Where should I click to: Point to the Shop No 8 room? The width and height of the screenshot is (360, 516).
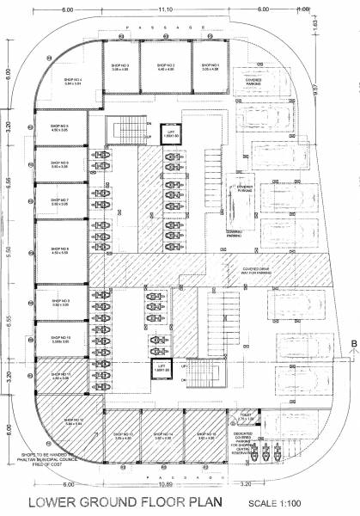[x=60, y=251]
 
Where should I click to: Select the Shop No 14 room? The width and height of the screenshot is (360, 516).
[x=166, y=435]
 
